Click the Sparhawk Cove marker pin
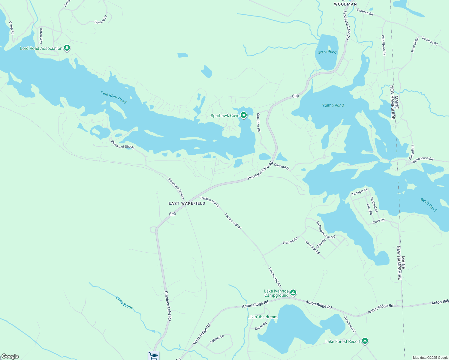point(244,115)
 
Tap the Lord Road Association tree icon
point(67,48)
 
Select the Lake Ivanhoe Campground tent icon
point(293,292)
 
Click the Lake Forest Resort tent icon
point(365,341)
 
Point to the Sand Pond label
point(327,52)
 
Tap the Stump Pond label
point(333,105)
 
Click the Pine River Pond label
point(113,97)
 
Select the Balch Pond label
point(428,205)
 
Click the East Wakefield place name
point(187,203)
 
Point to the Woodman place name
point(345,4)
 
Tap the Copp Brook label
point(124,303)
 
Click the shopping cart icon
point(153,356)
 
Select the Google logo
point(10,356)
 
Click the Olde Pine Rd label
point(258,122)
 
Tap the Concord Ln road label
point(282,167)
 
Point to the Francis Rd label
point(290,241)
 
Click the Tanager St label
point(359,192)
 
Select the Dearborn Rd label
point(350,324)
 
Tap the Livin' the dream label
point(263,317)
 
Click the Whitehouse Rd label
point(422,160)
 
